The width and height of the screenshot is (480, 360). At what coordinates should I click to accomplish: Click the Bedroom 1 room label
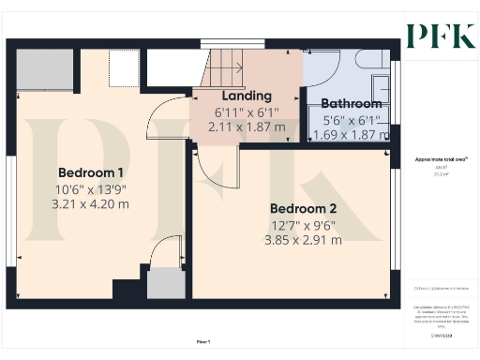(x=92, y=173)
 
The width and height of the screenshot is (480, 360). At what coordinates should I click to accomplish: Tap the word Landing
(x=247, y=96)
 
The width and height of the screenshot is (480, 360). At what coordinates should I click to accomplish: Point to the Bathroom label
(x=352, y=104)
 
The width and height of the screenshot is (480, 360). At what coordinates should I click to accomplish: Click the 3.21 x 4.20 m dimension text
(x=92, y=203)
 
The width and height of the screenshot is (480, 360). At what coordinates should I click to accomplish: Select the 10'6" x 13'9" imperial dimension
(x=92, y=189)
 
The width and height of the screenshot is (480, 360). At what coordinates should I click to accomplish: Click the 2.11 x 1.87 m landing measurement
(x=247, y=126)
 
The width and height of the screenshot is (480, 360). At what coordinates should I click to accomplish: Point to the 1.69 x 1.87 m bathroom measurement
(x=352, y=134)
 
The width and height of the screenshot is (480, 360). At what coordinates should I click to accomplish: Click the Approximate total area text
(x=440, y=159)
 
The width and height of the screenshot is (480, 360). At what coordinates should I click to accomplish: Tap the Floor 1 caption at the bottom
(x=203, y=340)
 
